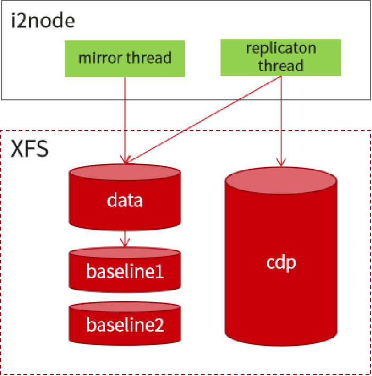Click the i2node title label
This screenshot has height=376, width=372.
43,21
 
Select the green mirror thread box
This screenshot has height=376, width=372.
125,59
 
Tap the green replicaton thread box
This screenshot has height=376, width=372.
281,57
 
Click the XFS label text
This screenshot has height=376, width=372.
30,149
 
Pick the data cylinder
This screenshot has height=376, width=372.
125,197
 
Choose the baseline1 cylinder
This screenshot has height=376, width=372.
125,270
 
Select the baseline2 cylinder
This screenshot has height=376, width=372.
125,323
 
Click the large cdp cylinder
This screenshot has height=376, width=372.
281,256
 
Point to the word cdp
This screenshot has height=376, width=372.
281,263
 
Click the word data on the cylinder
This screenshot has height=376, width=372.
124,200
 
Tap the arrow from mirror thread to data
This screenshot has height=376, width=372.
125,120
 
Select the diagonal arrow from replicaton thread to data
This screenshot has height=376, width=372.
203,119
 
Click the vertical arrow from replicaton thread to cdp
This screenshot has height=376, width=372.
281,121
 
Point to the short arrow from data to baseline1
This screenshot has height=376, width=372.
125,239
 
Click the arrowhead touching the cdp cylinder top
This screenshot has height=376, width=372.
281,163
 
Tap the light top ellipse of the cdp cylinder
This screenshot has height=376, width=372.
281,181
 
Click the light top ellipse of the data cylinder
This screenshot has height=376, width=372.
125,172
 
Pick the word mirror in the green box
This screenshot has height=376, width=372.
100,58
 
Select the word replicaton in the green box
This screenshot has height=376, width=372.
281,49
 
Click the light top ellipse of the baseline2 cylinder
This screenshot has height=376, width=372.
125,307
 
